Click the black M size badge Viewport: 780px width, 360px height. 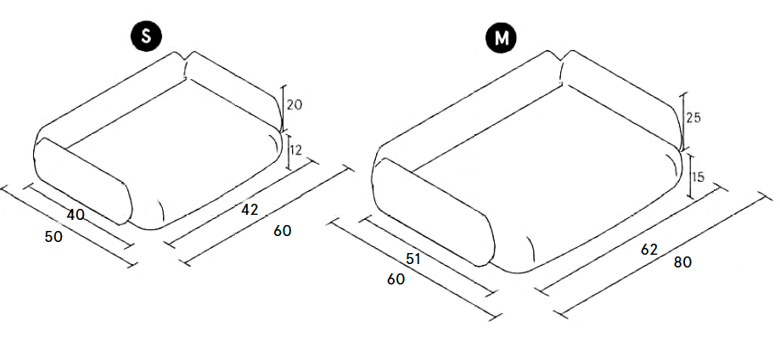click(502, 37)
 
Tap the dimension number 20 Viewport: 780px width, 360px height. click(295, 105)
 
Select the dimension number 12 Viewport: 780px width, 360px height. click(295, 150)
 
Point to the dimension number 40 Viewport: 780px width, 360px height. click(76, 215)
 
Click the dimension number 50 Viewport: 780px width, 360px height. click(53, 238)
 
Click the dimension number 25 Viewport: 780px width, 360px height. click(693, 118)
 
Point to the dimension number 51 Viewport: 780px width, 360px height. click(414, 259)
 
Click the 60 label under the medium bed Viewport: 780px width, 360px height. click(396, 279)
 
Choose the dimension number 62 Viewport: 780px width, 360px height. click(649, 250)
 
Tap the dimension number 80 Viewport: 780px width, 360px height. click(682, 262)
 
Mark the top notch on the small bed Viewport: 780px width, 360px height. click(188, 60)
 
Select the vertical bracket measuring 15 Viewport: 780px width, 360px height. click(690, 176)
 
